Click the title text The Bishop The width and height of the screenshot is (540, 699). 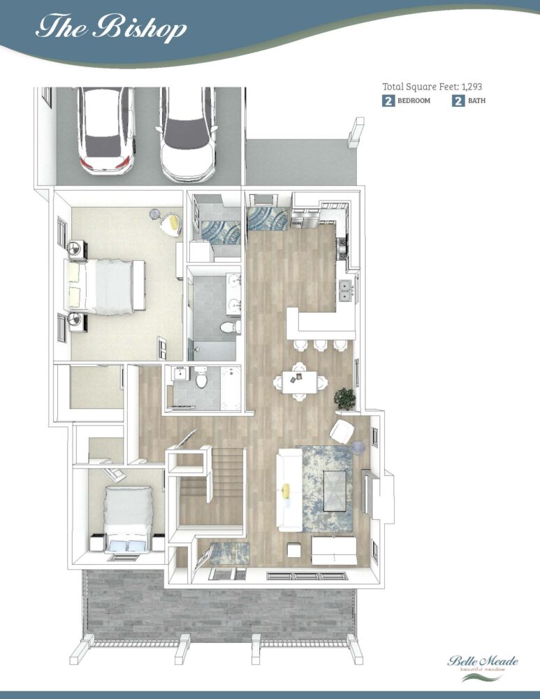110,28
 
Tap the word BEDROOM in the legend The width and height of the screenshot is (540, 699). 414,101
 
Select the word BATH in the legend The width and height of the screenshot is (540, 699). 476,101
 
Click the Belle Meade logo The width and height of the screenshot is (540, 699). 483,667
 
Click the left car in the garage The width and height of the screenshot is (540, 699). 106,129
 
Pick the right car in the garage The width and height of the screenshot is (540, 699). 188,134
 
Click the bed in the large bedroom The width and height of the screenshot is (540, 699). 105,286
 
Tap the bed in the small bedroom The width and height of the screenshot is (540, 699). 128,519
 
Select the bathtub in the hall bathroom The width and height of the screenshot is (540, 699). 231,388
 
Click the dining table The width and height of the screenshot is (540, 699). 300,382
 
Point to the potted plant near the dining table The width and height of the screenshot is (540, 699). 345,398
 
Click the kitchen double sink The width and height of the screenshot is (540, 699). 346,290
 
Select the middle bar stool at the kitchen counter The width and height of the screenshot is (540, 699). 321,345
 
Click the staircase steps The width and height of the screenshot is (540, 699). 213,486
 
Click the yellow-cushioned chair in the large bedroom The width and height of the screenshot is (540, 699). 171,224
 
